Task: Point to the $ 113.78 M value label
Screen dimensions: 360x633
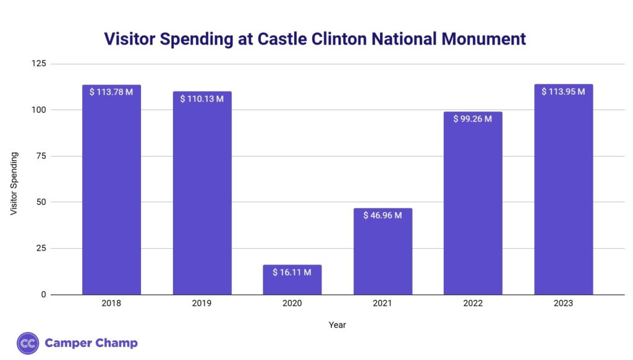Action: pos(111,92)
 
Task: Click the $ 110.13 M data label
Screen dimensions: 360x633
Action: pos(202,98)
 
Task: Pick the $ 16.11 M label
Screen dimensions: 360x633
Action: pos(292,272)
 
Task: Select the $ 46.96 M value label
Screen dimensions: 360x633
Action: pos(383,215)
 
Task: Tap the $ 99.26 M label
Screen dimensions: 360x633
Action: pos(473,119)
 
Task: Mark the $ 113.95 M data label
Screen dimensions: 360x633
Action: pos(563,92)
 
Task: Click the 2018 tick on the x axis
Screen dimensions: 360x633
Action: pos(111,304)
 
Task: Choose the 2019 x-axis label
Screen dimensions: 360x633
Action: pos(202,304)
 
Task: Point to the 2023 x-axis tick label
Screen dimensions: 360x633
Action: pos(563,304)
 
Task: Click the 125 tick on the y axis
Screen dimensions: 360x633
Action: pos(39,64)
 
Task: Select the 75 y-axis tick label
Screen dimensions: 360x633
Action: pos(41,156)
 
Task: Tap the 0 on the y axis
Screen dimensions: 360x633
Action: pos(43,294)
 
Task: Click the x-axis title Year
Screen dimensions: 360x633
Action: pos(337,324)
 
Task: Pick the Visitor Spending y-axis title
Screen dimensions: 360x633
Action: pos(14,183)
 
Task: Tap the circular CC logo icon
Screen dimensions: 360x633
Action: pos(28,343)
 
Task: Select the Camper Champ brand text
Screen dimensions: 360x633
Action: pos(91,343)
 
